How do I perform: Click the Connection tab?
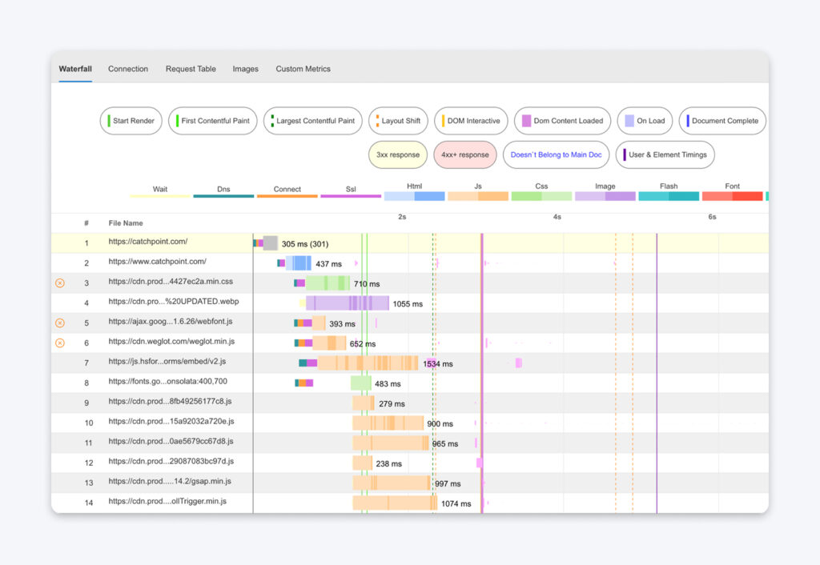(x=128, y=69)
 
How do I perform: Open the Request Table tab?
(x=191, y=69)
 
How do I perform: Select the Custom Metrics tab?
(x=303, y=69)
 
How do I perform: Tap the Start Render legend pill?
(x=131, y=121)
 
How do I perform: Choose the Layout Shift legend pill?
(x=399, y=121)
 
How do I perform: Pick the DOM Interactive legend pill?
(x=471, y=121)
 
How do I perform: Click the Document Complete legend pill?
(x=722, y=121)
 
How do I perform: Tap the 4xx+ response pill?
(x=465, y=154)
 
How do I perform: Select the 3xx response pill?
(x=398, y=154)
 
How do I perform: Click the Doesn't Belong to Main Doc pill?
(x=556, y=154)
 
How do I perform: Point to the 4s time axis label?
(x=557, y=217)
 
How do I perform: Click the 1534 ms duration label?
(x=437, y=363)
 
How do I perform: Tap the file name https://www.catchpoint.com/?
(x=158, y=262)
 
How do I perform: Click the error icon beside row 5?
(x=60, y=323)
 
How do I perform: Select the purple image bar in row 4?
(x=348, y=303)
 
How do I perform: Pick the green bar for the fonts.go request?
(x=361, y=383)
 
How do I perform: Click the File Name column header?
(x=126, y=223)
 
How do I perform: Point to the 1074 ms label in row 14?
(x=457, y=503)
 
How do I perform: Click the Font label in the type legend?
(x=732, y=186)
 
